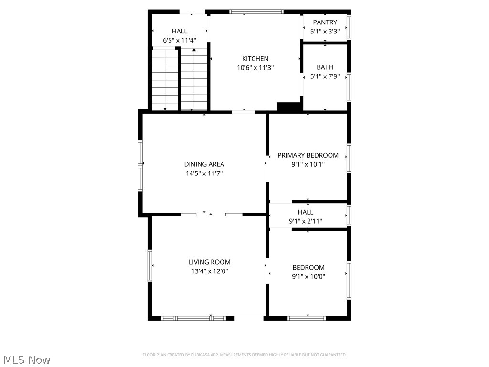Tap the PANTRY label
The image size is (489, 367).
click(x=325, y=22)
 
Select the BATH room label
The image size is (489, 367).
click(x=325, y=67)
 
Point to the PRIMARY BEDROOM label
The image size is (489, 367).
click(x=308, y=155)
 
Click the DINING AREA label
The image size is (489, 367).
click(x=204, y=164)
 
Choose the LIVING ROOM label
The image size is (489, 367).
click(x=209, y=262)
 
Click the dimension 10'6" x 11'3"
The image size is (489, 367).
click(x=255, y=68)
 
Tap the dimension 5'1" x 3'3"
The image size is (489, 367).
click(x=325, y=31)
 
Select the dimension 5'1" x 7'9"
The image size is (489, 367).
click(x=325, y=76)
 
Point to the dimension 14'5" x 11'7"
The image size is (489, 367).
click(x=204, y=173)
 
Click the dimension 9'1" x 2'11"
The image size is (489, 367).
click(x=306, y=221)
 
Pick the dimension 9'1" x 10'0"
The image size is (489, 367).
click(x=308, y=276)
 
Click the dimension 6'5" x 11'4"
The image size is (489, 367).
click(x=180, y=41)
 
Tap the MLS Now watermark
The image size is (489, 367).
click(x=27, y=359)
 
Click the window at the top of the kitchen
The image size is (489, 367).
click(x=256, y=11)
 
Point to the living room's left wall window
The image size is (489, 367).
click(x=150, y=265)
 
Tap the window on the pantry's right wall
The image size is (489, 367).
click(x=349, y=27)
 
